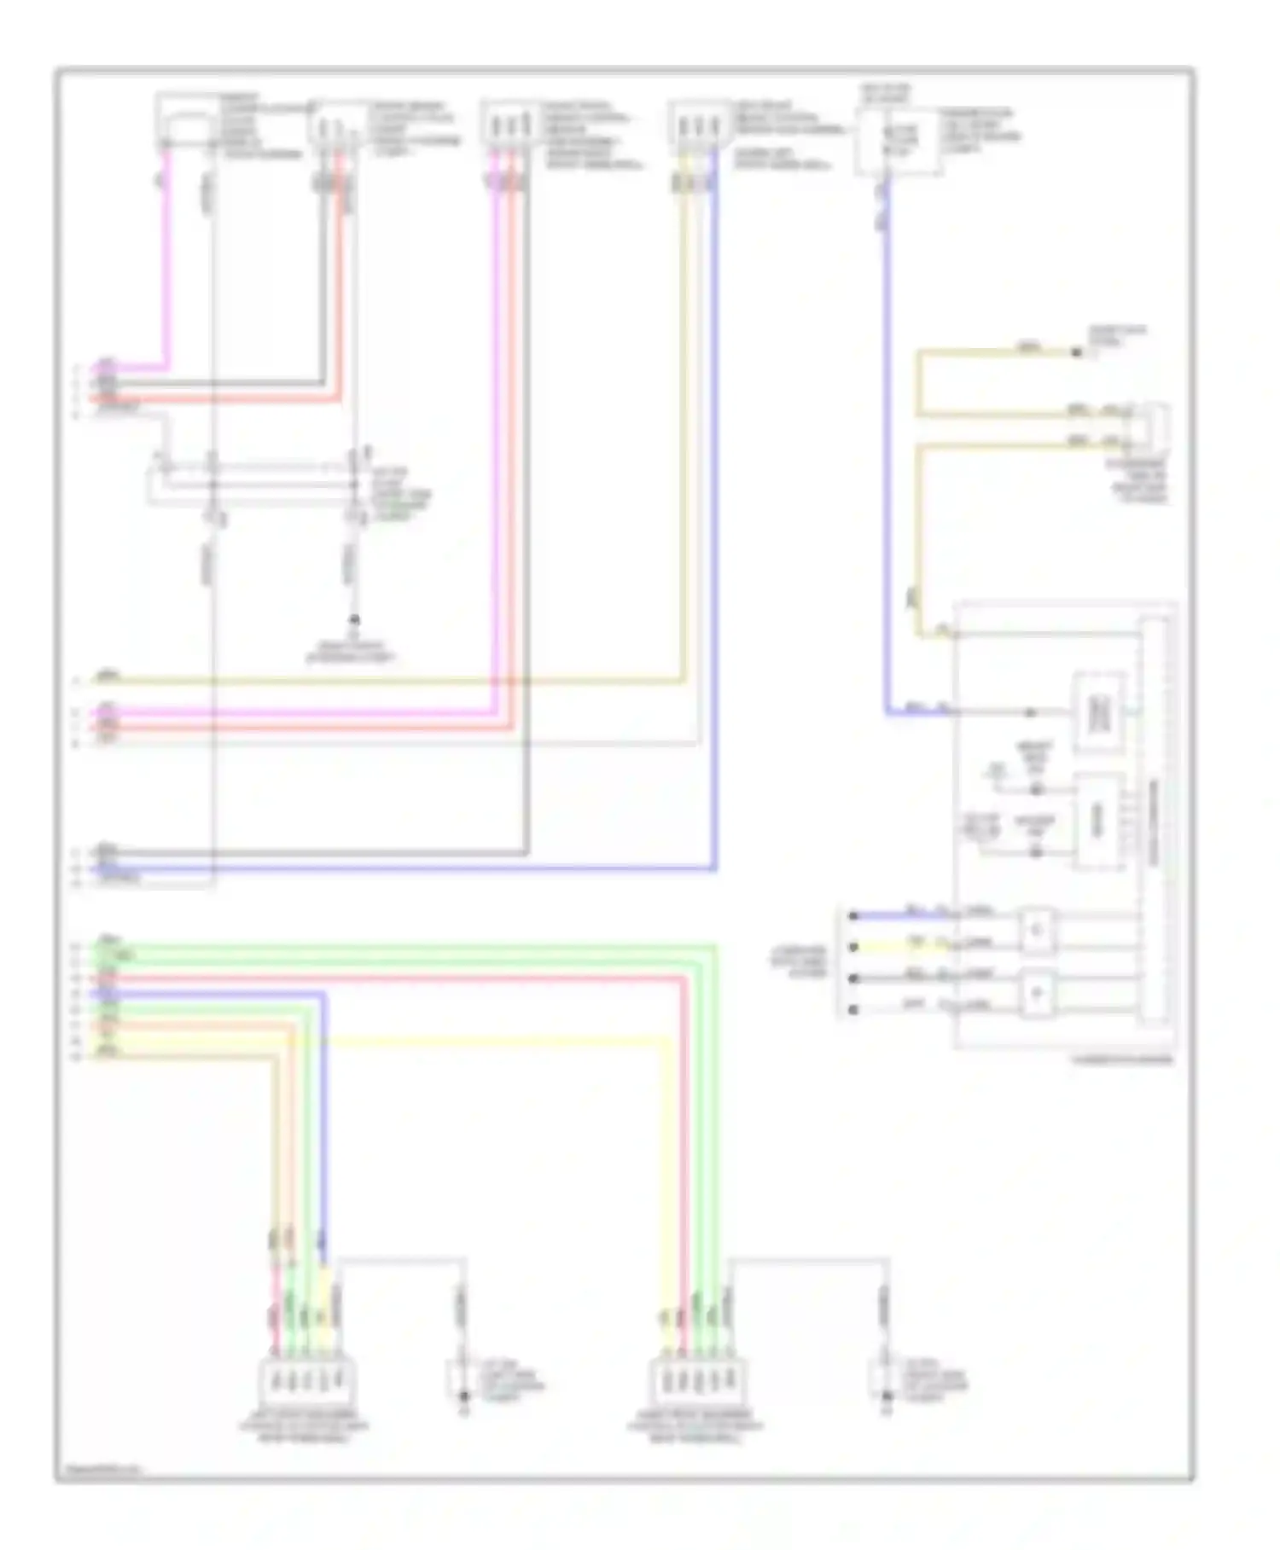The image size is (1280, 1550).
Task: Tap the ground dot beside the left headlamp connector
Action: pos(464,1396)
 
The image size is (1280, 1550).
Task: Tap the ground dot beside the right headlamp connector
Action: pos(887,1396)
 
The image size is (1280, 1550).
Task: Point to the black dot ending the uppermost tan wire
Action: pos(1076,352)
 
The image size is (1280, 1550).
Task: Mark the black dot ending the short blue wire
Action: pos(852,916)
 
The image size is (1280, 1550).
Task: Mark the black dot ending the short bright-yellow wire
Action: pos(852,947)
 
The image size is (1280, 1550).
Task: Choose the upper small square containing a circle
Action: pos(1037,930)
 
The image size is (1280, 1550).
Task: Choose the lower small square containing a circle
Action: pos(1037,994)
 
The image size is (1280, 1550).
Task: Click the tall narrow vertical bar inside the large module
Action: pos(1154,819)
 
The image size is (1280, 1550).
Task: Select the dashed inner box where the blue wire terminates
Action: pos(1098,713)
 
